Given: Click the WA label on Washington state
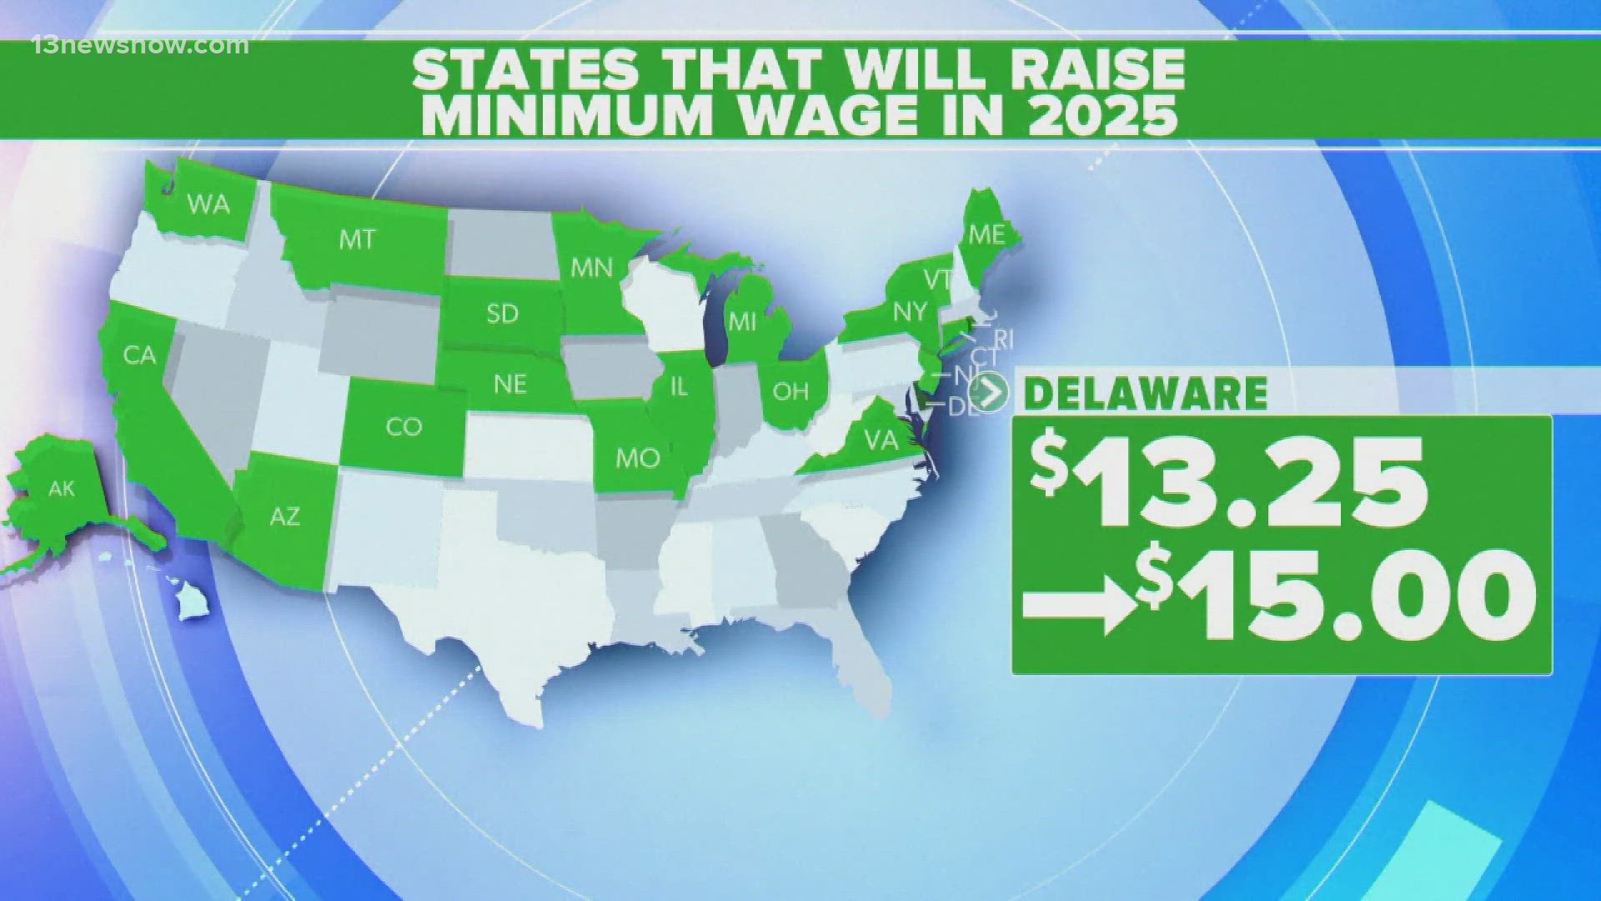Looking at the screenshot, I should (x=208, y=204).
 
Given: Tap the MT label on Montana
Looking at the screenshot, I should (x=357, y=240).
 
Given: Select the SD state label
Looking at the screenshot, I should (x=502, y=314).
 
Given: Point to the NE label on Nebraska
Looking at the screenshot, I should (x=510, y=384).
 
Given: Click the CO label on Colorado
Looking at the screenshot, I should (x=404, y=427).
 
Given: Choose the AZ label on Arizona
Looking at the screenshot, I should (x=284, y=516).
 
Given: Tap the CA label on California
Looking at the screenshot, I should (x=139, y=356).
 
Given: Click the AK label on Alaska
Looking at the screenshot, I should (x=62, y=488).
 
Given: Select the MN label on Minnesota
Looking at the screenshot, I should (x=591, y=268).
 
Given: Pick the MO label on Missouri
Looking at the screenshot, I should (x=638, y=458).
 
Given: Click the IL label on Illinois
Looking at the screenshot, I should (x=680, y=386).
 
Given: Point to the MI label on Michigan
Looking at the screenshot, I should (x=741, y=321).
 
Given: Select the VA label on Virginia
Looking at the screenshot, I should (x=881, y=439).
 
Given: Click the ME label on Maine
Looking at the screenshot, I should (x=986, y=234).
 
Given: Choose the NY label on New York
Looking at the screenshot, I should (x=910, y=311).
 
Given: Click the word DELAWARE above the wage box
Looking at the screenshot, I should (x=1145, y=393).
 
